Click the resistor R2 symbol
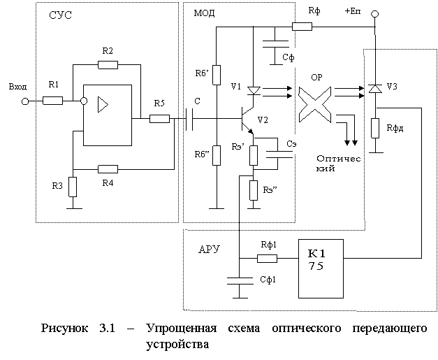coord(108,65)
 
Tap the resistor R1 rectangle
coord(52,101)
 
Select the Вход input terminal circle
coord(25,101)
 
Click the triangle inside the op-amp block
coord(103,105)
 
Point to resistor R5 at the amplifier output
coord(159,119)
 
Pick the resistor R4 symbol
coord(108,169)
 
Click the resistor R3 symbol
coord(73,187)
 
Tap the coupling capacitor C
coord(189,119)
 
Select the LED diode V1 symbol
coord(254,91)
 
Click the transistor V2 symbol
coord(247,120)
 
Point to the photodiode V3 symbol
coord(375,89)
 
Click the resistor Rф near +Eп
coord(302,27)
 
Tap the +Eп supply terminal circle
coord(375,14)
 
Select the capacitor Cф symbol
coord(275,44)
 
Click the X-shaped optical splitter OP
coord(315,105)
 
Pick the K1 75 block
coord(321,268)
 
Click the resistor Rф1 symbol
coord(267,259)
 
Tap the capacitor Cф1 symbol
coord(240,281)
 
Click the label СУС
coord(60,15)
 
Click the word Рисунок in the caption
coord(64,328)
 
